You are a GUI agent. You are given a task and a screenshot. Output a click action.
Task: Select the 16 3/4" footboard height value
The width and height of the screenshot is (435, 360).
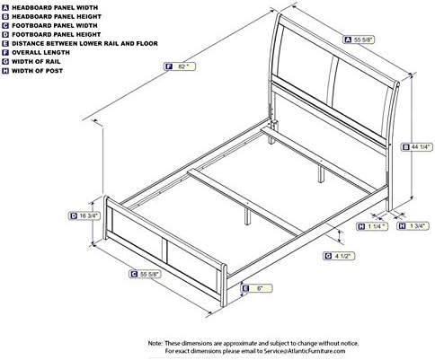(88, 215)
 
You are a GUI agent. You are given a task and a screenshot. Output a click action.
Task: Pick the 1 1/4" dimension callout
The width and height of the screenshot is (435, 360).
(375, 227)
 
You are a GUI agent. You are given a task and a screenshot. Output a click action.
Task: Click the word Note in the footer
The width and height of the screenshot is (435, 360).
(155, 343)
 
